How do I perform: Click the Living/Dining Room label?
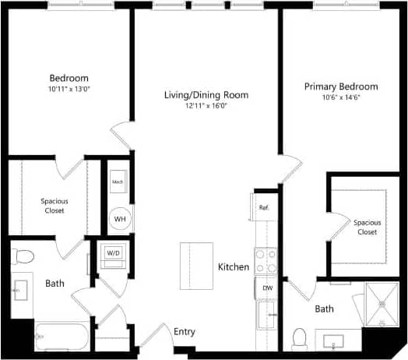click(x=206, y=95)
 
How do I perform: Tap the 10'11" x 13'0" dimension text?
click(x=69, y=89)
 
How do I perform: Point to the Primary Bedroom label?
click(x=341, y=86)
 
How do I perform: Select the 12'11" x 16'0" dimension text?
click(x=206, y=106)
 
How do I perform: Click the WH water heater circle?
click(x=119, y=219)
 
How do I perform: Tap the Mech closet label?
click(x=118, y=182)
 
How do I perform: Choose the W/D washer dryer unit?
click(x=113, y=253)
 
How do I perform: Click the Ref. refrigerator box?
click(x=264, y=207)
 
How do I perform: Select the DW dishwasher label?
click(x=267, y=288)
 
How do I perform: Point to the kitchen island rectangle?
click(x=196, y=266)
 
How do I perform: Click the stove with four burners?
click(x=266, y=260)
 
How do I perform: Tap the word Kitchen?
click(x=233, y=267)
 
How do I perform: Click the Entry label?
click(x=185, y=332)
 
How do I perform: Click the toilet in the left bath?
click(x=23, y=256)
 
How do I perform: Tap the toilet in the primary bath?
click(x=298, y=337)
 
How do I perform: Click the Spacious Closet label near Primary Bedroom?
click(x=367, y=227)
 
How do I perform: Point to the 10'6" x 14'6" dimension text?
click(x=341, y=97)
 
